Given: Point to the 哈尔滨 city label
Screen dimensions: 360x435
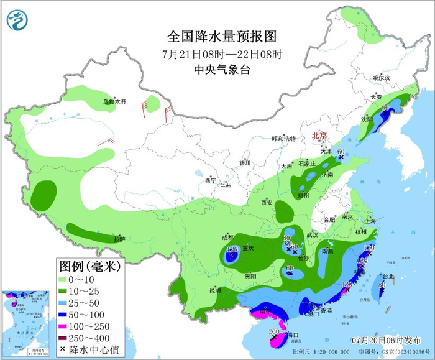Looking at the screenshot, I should (x=381, y=78).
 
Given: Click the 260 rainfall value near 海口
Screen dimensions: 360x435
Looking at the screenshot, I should (x=273, y=331).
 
